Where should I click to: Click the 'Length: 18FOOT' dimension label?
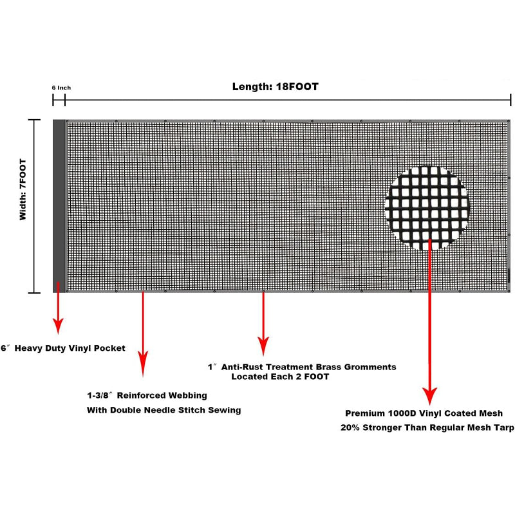[x=276, y=87]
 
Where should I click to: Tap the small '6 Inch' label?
[x=61, y=88]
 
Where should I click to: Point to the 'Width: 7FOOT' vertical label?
[x=23, y=189]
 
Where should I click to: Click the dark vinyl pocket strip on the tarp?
[x=59, y=206]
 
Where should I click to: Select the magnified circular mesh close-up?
[x=427, y=208]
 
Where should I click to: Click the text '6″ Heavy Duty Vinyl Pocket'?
[x=63, y=348]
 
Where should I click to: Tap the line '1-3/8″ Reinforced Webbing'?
[x=147, y=395]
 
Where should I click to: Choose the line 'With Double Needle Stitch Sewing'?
[x=164, y=410]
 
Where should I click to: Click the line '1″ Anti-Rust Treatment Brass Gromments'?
[x=302, y=367]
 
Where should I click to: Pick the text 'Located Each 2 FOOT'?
[x=280, y=377]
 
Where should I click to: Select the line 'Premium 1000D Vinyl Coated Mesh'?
[x=424, y=413]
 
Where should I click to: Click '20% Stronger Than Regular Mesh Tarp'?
[x=427, y=427]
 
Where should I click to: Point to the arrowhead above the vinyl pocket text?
[x=58, y=326]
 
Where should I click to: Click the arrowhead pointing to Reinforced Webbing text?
[x=143, y=364]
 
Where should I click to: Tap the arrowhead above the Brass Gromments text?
[x=263, y=346]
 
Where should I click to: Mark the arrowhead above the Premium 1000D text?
[x=429, y=396]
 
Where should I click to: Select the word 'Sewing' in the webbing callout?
[x=225, y=410]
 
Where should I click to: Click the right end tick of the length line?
[x=510, y=100]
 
